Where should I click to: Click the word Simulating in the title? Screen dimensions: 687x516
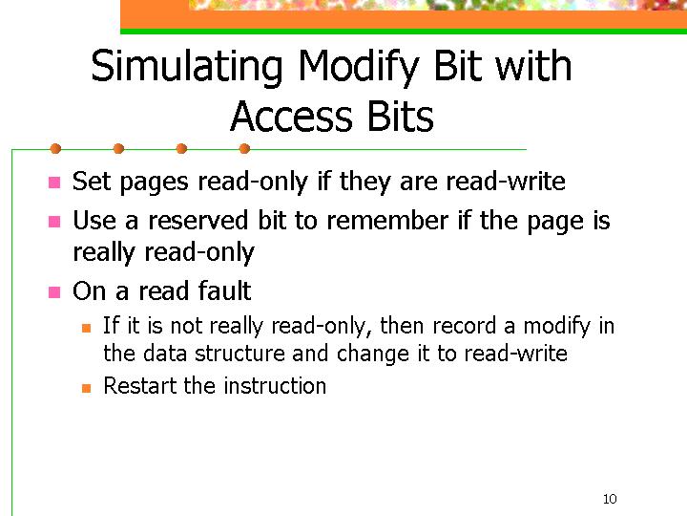(187, 67)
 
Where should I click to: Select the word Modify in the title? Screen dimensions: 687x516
(359, 67)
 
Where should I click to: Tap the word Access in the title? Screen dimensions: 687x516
(291, 117)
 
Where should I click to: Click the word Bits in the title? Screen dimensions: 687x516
(401, 117)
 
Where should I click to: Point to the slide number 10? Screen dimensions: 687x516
(610, 499)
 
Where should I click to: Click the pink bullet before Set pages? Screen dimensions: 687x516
(54, 183)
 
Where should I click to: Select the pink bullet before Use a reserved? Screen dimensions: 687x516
(54, 221)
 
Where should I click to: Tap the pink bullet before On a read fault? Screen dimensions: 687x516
(54, 291)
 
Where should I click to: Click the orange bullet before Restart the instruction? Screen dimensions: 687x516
(86, 388)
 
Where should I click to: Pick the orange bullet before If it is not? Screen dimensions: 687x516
(86, 328)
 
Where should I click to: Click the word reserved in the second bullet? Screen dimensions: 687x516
(198, 221)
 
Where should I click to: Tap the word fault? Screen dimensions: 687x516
(225, 290)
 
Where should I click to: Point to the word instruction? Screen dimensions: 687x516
(275, 386)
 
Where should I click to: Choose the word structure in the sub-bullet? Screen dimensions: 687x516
(240, 354)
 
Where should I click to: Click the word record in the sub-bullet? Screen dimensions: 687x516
(465, 326)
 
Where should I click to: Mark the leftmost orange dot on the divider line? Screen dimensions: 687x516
(55, 149)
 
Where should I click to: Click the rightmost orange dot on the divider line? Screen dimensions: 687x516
(244, 149)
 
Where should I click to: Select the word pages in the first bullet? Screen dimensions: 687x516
(154, 183)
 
